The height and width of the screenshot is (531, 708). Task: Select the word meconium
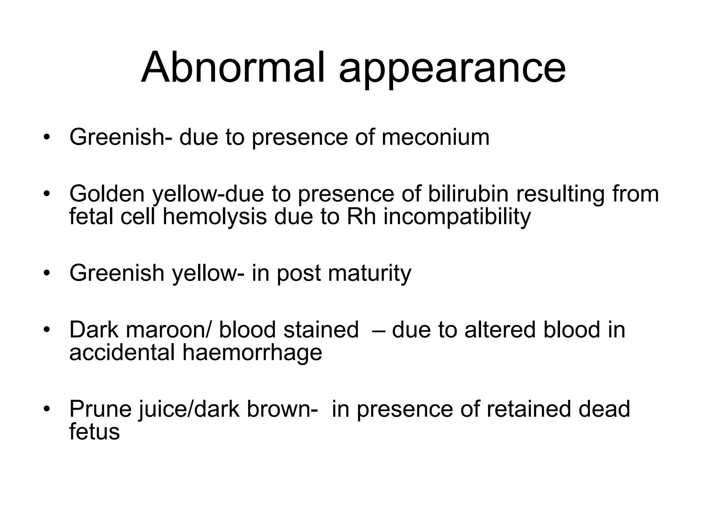pos(435,137)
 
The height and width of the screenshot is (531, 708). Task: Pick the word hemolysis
pos(214,217)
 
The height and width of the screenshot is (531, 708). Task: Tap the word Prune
pos(100,409)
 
